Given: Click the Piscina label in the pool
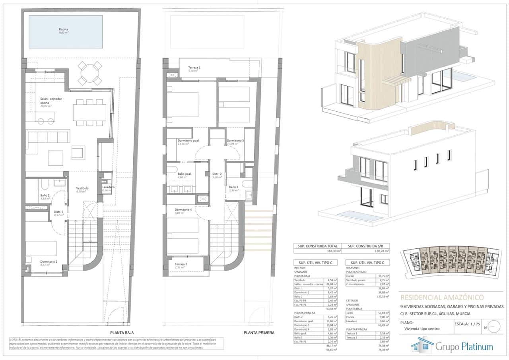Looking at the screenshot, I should [x=63, y=30].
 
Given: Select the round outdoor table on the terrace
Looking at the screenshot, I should [x=89, y=73].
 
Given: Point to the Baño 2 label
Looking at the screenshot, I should [x=45, y=196].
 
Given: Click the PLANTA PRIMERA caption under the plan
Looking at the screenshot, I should [x=258, y=333].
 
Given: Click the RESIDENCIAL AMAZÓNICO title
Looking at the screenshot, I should [x=442, y=297].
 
